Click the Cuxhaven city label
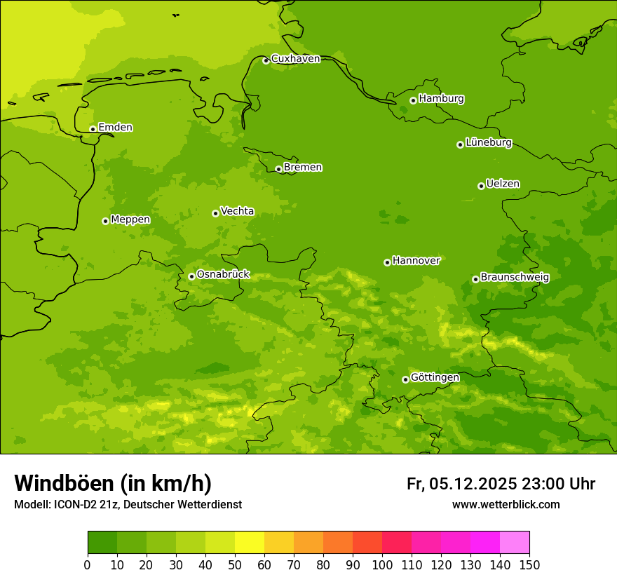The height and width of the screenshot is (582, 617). [x=295, y=59]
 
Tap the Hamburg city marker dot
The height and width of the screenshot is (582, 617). [x=413, y=100]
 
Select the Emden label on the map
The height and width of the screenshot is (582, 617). [x=115, y=128]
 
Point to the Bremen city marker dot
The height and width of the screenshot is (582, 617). [x=278, y=169]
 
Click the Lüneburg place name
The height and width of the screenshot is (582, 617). [x=489, y=143]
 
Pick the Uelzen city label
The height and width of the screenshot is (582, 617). [x=503, y=184]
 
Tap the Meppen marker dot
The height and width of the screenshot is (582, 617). [x=105, y=221]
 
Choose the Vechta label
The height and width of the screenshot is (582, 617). [x=237, y=211]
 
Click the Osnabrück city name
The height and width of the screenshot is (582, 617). [x=223, y=275]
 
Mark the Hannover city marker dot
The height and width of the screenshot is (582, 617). [x=387, y=262]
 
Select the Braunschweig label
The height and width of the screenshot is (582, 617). [x=515, y=278]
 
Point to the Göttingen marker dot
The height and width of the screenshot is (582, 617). [x=405, y=379]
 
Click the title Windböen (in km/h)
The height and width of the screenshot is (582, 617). [x=113, y=483]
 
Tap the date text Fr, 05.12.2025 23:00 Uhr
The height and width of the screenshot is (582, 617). [x=501, y=484]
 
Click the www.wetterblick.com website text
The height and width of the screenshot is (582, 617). [x=506, y=505]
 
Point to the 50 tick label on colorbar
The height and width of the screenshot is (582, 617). [x=235, y=564]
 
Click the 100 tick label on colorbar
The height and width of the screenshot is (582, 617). [x=382, y=564]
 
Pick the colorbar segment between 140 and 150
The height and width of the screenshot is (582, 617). [x=515, y=543]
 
